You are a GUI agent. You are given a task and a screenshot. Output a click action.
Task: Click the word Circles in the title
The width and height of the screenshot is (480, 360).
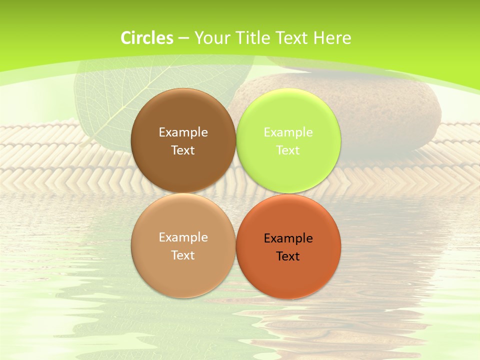pos(147,38)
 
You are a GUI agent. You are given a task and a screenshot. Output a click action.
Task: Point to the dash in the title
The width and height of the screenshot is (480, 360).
pos(183,38)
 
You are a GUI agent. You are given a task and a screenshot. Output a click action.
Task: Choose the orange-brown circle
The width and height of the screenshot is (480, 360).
pos(288,272)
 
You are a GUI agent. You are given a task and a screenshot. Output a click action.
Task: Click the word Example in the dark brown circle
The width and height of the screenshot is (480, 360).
pos(183,132)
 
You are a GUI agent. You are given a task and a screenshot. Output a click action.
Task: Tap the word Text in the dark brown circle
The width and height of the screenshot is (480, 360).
pos(183,150)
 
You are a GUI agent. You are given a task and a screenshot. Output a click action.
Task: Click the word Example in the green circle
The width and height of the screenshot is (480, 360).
pos(288,132)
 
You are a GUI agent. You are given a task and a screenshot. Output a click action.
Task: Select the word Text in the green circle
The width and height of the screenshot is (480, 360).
pos(288,150)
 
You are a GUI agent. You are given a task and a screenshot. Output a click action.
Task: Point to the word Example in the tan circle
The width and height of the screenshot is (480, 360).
pos(183,237)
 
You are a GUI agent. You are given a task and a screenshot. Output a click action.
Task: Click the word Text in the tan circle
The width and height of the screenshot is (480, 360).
pos(183,255)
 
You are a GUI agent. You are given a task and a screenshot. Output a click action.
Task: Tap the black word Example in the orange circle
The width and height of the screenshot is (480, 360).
pos(288,238)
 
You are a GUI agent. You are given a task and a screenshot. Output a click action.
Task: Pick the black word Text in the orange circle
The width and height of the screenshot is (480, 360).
pos(288,256)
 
